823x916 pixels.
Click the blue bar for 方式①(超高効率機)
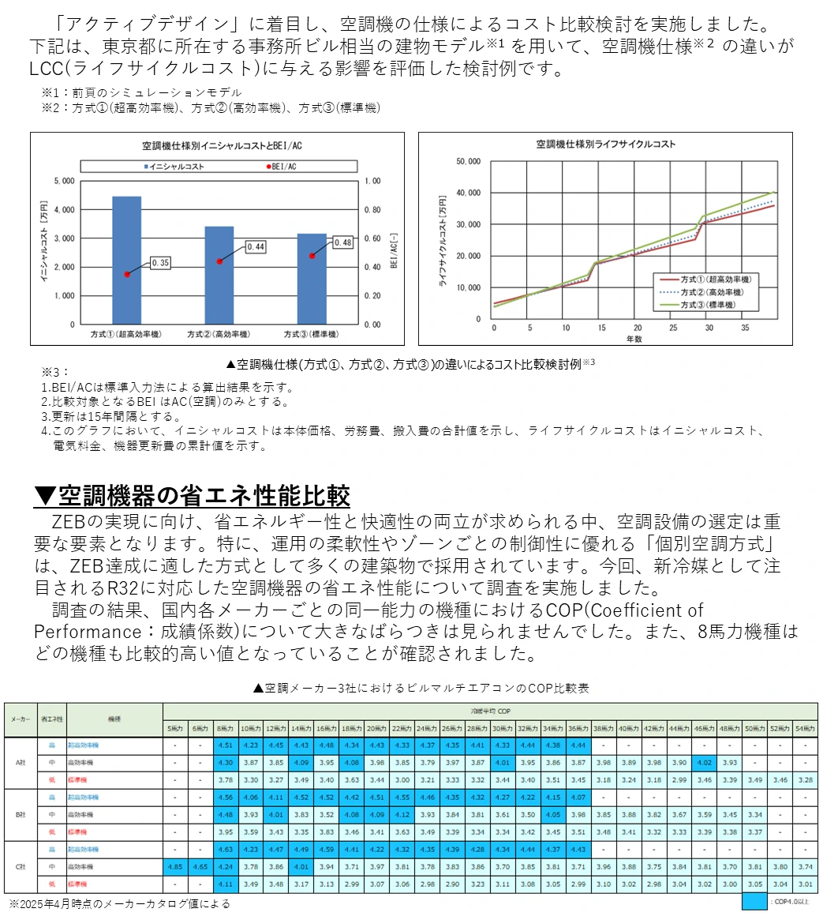(x=126, y=261)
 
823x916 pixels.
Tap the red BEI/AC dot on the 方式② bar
(x=219, y=261)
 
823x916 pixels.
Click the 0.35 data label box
(x=161, y=262)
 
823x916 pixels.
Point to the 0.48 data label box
(x=342, y=242)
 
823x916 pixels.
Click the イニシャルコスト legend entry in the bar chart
(x=174, y=167)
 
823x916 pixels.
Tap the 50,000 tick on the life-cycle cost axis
(x=469, y=161)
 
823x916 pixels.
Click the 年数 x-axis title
(x=634, y=337)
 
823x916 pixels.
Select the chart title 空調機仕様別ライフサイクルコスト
(x=605, y=145)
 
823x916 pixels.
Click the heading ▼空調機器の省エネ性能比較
(x=193, y=496)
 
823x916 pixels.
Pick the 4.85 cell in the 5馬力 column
(x=174, y=865)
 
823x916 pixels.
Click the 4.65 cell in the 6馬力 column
(x=200, y=865)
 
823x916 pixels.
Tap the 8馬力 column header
(x=225, y=726)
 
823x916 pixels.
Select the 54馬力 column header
(x=804, y=726)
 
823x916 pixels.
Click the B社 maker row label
(x=20, y=814)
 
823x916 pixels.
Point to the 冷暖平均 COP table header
(x=490, y=711)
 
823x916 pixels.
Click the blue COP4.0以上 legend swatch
(x=754, y=900)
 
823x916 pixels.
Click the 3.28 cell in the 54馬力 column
(x=804, y=779)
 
